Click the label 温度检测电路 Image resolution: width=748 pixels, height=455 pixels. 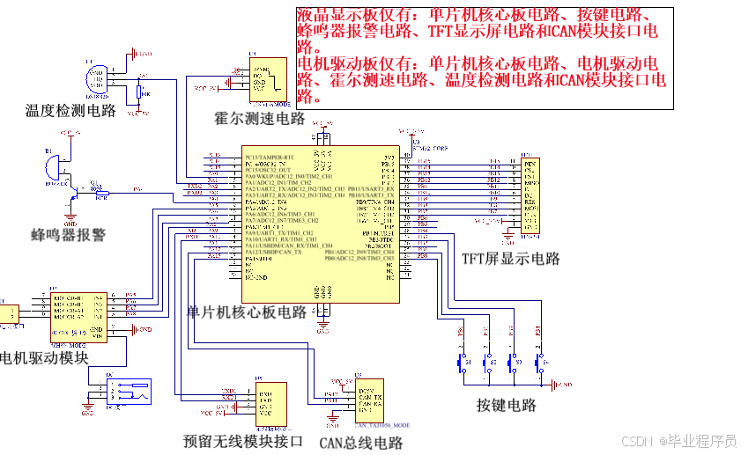click(x=70, y=110)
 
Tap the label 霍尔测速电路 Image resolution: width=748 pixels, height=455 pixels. click(x=260, y=118)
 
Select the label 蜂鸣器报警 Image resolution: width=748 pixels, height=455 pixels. click(x=68, y=235)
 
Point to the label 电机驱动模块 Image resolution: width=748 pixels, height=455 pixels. click(x=44, y=357)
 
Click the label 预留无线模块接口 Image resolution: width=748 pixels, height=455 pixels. click(x=243, y=441)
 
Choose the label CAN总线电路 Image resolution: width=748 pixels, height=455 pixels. click(x=360, y=443)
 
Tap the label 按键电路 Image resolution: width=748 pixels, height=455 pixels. click(x=507, y=405)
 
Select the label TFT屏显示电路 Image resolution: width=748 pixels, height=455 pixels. click(x=511, y=259)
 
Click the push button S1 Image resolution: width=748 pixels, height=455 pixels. click(x=461, y=362)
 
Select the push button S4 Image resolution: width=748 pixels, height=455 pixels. click(x=539, y=362)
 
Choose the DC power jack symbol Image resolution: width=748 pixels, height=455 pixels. click(x=127, y=393)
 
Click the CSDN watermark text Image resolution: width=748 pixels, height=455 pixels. click(x=678, y=441)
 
